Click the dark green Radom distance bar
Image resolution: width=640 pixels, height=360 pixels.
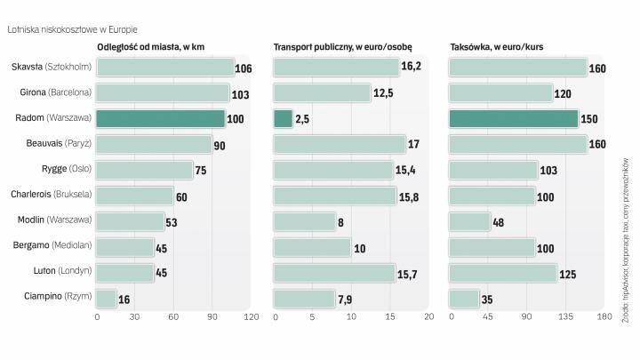point(160,118)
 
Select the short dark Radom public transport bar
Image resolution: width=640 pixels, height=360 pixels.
point(283,118)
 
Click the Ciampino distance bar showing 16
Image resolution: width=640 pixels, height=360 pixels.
point(107,299)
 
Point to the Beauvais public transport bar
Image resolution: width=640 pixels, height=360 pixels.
point(339,144)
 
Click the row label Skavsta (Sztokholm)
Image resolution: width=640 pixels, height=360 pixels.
point(52,67)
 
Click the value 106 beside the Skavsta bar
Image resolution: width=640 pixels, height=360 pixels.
point(244,68)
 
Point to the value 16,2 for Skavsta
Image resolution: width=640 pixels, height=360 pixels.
point(411,67)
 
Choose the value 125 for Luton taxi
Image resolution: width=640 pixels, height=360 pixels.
point(568,275)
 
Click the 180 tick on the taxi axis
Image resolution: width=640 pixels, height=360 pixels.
point(604,317)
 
